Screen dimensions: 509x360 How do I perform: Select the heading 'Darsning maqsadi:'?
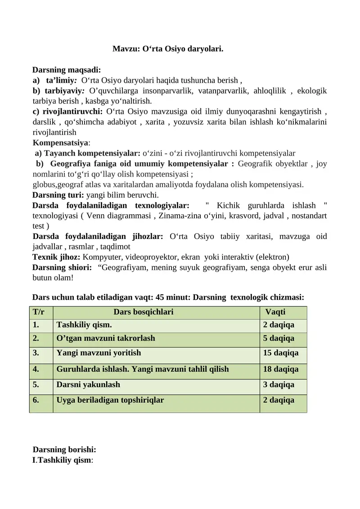click(x=67, y=70)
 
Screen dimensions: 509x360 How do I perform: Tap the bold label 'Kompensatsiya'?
click(x=61, y=143)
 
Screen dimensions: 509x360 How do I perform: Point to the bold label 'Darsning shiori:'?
click(x=62, y=267)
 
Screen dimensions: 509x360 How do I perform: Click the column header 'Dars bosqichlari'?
click(x=144, y=312)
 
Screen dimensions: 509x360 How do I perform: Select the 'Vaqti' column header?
click(x=275, y=312)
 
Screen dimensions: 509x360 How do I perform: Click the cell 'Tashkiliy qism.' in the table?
click(x=84, y=325)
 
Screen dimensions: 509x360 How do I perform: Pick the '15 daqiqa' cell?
click(x=280, y=353)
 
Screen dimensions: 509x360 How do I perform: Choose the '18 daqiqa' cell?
click(x=280, y=369)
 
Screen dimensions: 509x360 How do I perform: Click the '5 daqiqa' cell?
click(x=279, y=338)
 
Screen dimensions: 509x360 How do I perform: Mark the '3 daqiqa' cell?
click(x=279, y=385)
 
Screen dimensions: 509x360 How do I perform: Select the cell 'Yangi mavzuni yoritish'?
click(x=99, y=353)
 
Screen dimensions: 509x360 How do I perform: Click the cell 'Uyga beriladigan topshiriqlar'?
click(x=110, y=399)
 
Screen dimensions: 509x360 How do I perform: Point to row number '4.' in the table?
click(x=36, y=369)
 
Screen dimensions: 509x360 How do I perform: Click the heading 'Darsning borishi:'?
click(x=64, y=450)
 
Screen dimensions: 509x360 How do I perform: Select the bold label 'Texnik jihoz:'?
click(x=56, y=257)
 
